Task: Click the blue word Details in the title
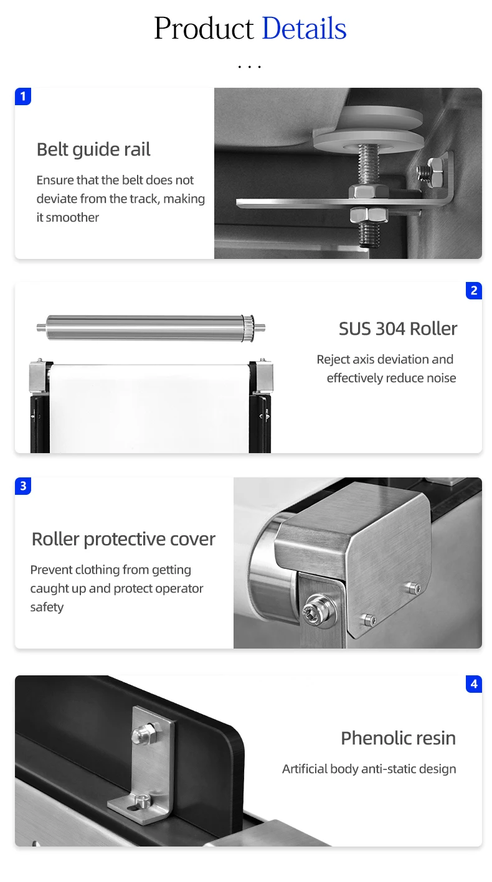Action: (304, 29)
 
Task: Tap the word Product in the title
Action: (204, 29)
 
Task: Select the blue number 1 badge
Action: (23, 96)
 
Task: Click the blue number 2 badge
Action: (474, 291)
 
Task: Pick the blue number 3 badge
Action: (23, 486)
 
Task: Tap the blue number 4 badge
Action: (474, 684)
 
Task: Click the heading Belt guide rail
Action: (93, 149)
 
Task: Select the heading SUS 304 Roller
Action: (398, 329)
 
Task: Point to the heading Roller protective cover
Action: (123, 539)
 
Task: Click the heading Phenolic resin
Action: (398, 738)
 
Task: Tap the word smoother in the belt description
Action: (72, 217)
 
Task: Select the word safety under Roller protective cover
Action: (47, 607)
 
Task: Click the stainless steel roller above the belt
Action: (151, 327)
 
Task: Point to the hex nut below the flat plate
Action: (369, 215)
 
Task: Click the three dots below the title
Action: (249, 67)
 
